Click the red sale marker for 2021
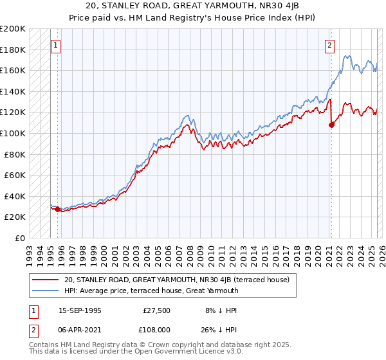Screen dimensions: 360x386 coord(332,125)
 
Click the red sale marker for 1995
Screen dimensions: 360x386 coord(57,209)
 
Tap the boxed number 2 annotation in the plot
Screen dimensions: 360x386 coord(329,46)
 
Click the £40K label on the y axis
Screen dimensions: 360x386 coord(15,196)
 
